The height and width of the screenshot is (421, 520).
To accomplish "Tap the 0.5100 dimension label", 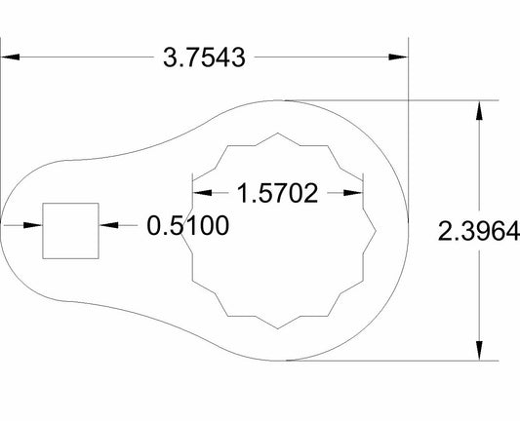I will coord(188,226).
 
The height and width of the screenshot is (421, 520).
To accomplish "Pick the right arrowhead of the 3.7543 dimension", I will coord(399,57).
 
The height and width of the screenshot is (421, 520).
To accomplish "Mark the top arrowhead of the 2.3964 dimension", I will coord(478,110).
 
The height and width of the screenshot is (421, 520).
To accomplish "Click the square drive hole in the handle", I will coord(69,231).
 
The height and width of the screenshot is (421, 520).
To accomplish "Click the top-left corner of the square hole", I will coord(43,205).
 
